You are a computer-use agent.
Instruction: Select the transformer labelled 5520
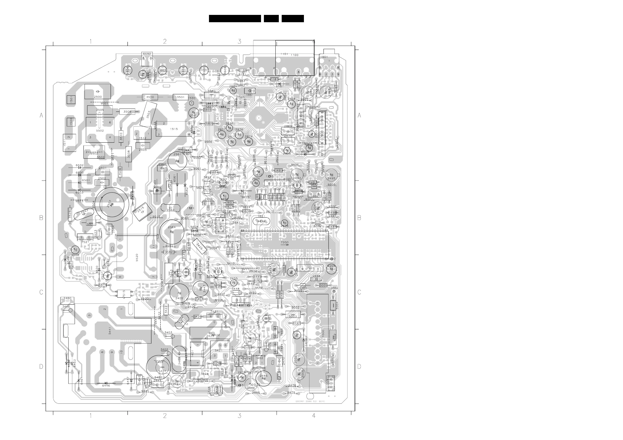coord(137,258)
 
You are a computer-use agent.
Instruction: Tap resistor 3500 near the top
coord(150,97)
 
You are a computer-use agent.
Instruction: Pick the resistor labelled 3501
coord(180,97)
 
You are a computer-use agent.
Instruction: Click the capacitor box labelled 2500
coord(98,92)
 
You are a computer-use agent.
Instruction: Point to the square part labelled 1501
coord(71,100)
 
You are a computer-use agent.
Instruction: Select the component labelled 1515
coord(174,129)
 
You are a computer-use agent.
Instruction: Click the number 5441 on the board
coord(110,331)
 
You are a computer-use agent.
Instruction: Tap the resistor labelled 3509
coord(127,111)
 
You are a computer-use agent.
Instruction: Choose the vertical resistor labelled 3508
coord(129,154)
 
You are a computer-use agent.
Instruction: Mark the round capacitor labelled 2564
coord(172,232)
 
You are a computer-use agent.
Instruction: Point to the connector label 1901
coord(324,57)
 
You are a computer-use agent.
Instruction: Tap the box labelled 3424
coord(205,374)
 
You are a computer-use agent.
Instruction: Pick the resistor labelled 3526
coord(70,215)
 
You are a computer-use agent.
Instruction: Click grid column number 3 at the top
coord(239,42)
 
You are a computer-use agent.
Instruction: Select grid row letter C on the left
coord(41,292)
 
